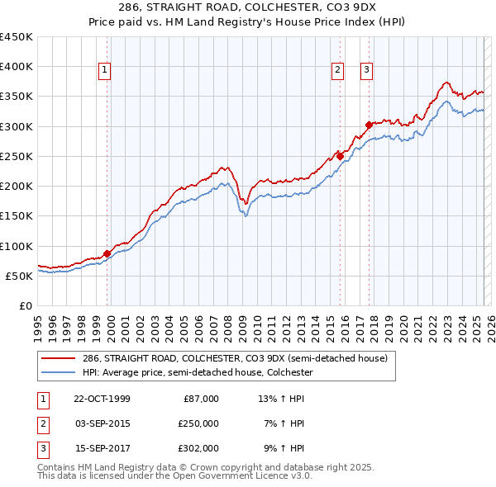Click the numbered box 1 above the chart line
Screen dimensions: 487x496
coord(106,71)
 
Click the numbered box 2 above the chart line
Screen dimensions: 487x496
coord(338,71)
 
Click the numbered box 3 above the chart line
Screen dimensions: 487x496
coord(365,71)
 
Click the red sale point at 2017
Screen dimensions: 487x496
coord(369,125)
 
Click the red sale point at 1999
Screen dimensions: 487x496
coord(107,253)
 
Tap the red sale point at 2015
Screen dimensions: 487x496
coord(339,155)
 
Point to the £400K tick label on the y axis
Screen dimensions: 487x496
coord(16,67)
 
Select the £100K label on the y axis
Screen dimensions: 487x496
coord(16,246)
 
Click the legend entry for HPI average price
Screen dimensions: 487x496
coord(197,373)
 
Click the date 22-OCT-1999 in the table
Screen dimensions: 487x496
coord(102,398)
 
